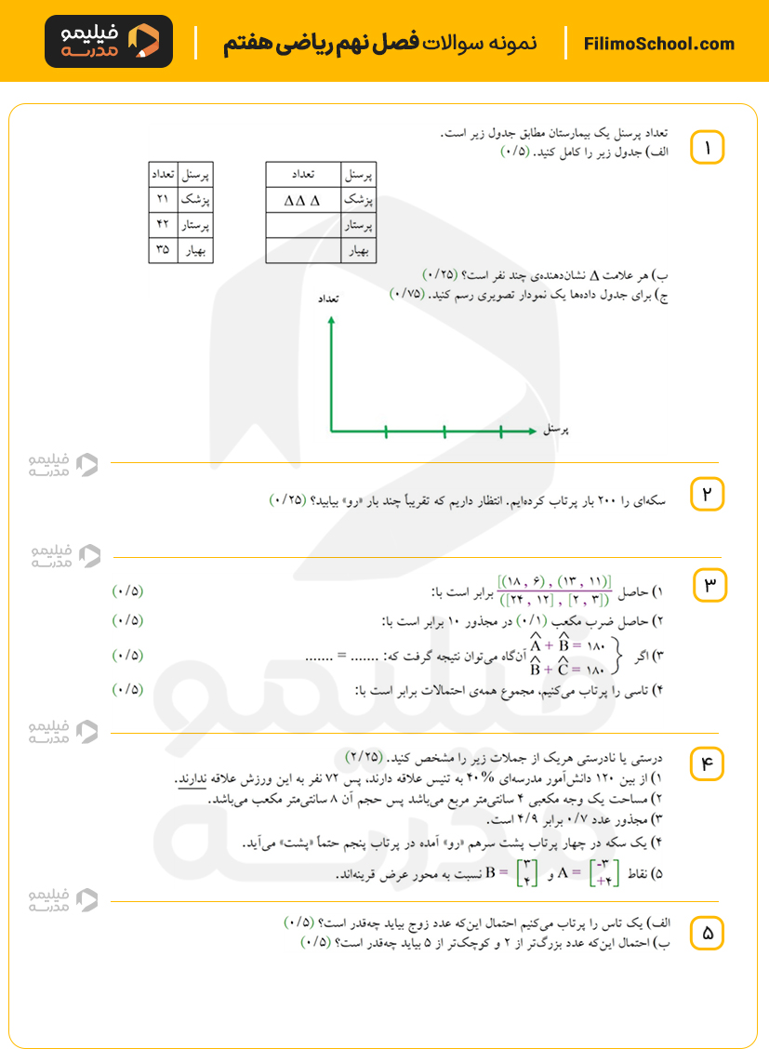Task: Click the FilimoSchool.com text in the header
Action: click(659, 44)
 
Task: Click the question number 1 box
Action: click(707, 148)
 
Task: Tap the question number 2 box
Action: click(707, 494)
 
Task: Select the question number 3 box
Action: click(711, 584)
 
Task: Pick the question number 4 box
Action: click(707, 763)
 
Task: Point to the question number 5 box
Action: click(707, 934)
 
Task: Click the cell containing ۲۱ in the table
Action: click(163, 199)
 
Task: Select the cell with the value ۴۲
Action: click(163, 225)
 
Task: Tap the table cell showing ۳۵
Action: click(163, 250)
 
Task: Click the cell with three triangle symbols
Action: click(302, 199)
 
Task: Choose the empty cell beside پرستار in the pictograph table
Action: click(303, 225)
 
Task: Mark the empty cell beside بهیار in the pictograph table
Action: click(303, 251)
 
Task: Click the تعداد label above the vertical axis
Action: click(327, 299)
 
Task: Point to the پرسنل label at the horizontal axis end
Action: click(555, 431)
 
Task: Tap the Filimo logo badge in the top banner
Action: click(109, 42)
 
